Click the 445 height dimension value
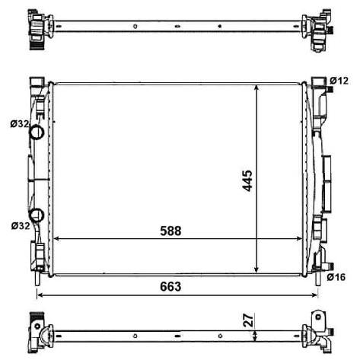[x=247, y=180]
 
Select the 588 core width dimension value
[x=170, y=231]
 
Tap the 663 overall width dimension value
[x=170, y=287]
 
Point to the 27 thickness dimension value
[x=248, y=320]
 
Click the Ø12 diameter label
[x=339, y=81]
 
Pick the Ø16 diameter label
[x=336, y=277]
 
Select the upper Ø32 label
[x=20, y=124]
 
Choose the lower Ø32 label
[x=21, y=225]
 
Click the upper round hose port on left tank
[x=37, y=132]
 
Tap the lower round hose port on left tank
[x=37, y=215]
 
